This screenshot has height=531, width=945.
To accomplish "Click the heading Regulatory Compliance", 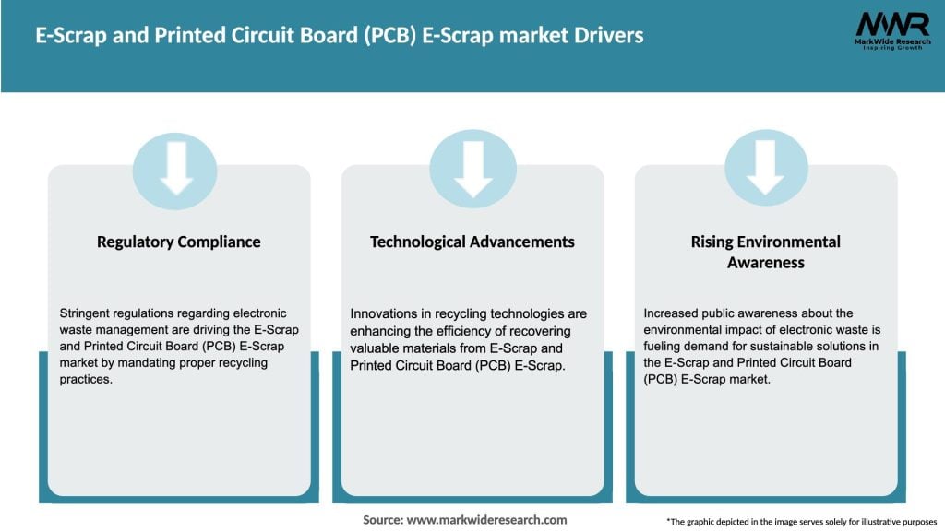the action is (x=179, y=242).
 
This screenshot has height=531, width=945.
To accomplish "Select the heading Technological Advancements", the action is (x=472, y=242).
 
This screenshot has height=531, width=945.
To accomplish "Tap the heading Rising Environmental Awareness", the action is (x=766, y=252).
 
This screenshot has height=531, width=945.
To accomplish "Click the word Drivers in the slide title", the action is (x=605, y=36).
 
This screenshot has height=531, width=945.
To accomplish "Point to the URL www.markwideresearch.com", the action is (x=486, y=520).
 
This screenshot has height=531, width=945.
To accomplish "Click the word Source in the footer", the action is (x=383, y=520).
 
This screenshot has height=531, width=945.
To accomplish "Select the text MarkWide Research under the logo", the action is (x=891, y=42).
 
